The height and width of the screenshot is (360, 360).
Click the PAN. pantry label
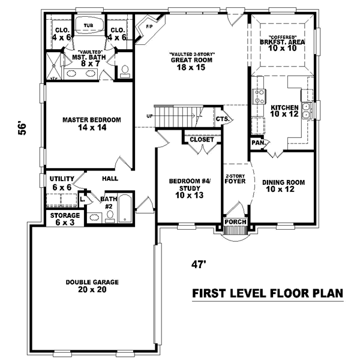click(x=258, y=143)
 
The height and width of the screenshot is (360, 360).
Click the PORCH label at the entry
click(x=235, y=223)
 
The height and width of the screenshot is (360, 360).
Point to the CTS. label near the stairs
click(x=223, y=119)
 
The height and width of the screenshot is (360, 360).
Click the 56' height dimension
click(x=22, y=130)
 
